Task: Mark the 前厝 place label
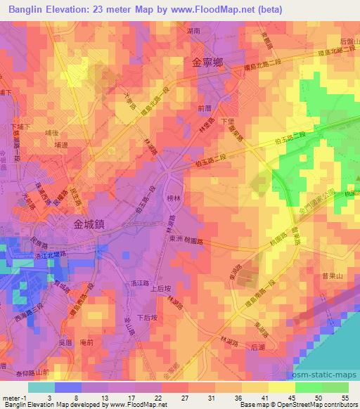(x=205, y=108)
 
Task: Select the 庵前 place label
(x=87, y=341)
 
